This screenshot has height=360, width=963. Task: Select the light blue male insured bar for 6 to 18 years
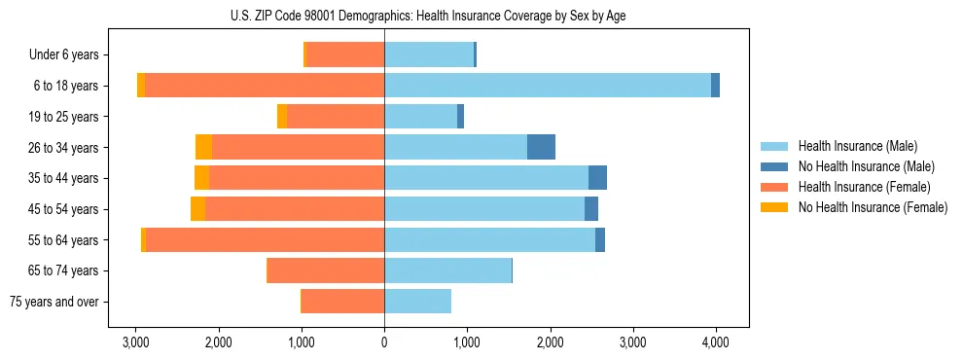point(548,86)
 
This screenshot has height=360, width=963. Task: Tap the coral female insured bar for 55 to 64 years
point(265,239)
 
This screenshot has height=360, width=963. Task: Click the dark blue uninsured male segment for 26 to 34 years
point(541,147)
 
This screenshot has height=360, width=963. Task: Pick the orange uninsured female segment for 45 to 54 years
point(197,209)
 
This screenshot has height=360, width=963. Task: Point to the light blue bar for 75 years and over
point(417,302)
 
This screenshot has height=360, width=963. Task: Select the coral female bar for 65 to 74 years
point(325,270)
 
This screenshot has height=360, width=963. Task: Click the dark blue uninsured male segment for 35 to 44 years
point(597,178)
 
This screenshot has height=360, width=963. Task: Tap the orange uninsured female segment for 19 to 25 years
point(282,117)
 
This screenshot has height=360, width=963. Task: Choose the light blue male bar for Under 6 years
point(428,55)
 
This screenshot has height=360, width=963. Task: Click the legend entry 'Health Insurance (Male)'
point(857,146)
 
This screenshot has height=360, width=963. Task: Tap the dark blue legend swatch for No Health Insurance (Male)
point(774,166)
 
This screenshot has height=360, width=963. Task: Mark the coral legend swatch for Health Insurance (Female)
point(774,187)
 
